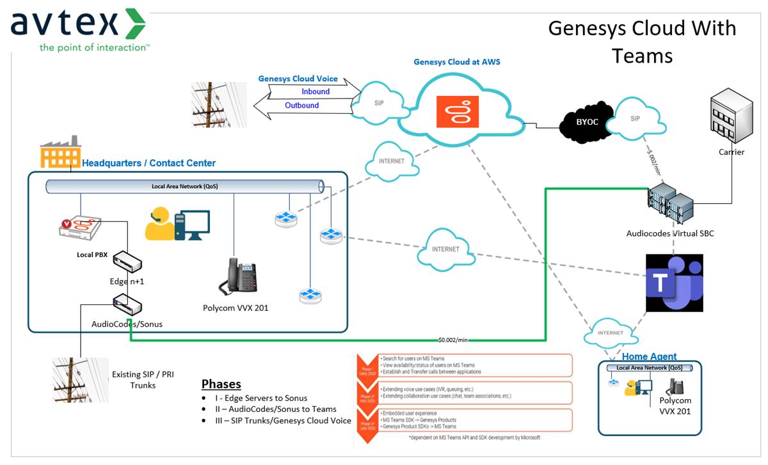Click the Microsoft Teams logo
coord(674,283)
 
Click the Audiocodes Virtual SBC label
coord(669,233)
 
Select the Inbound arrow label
coord(316,91)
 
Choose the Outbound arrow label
coord(302,106)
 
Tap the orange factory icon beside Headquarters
coord(60,152)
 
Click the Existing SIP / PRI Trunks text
coord(143,379)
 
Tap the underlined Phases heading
coord(221,384)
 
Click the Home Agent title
coord(649,356)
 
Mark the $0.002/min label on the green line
coord(454,339)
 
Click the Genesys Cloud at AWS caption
coord(457,62)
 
